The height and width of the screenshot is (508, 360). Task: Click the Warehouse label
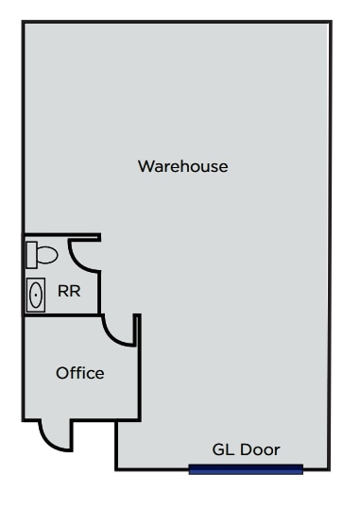182,166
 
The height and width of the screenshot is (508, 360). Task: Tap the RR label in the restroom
69,292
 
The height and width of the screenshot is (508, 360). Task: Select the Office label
79,373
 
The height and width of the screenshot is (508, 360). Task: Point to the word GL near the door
222,449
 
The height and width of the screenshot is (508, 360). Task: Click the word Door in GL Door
260,449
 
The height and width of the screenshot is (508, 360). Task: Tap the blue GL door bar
246,469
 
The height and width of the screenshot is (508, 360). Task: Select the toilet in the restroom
42,253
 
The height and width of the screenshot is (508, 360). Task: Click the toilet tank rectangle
30,253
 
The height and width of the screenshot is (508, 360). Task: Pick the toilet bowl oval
46,253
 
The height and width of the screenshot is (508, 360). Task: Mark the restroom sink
36,295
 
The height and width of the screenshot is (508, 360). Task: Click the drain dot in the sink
36,295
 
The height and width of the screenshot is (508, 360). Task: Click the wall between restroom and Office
62,316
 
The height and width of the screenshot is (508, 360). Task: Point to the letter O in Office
61,373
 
